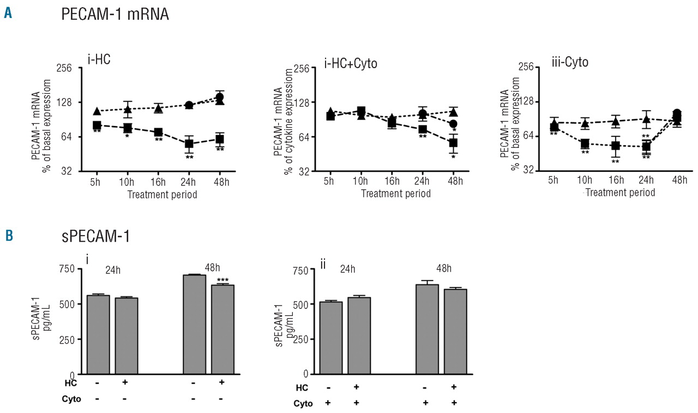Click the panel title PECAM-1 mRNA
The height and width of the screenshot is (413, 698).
(115, 15)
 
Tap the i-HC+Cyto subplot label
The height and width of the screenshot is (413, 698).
(351, 64)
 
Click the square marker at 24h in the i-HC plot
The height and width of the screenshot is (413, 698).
(189, 144)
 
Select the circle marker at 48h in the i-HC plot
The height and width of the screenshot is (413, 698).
(220, 97)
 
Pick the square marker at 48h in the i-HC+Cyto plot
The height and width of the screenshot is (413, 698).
(453, 143)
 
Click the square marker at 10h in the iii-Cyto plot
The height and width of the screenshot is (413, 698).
(585, 143)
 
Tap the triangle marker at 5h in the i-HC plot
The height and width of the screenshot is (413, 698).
(97, 111)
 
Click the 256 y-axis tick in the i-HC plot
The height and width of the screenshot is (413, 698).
(80, 68)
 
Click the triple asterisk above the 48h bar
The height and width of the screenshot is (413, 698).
(222, 280)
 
